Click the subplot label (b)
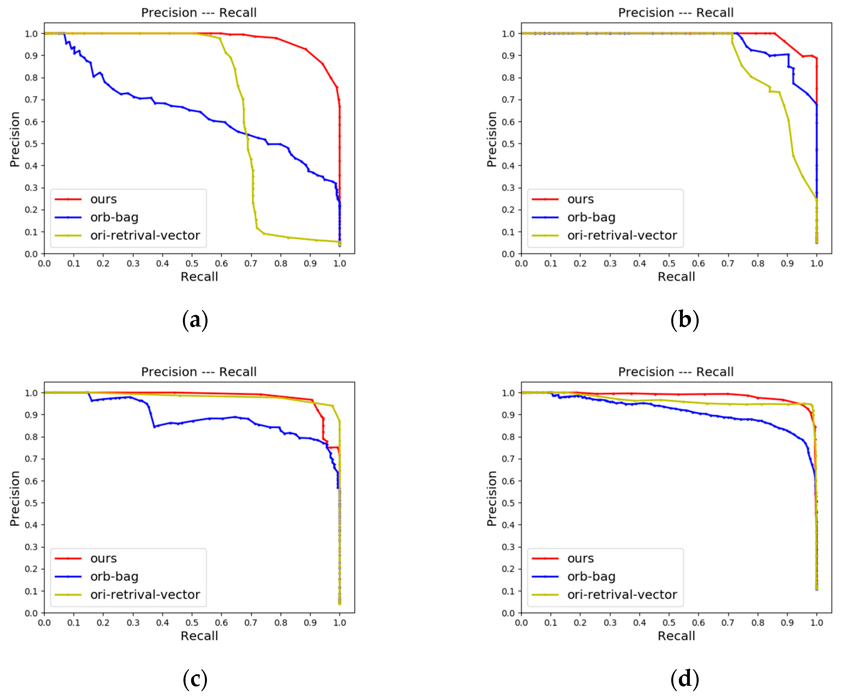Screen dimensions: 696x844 (x=685, y=320)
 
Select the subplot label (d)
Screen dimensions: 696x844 (x=685, y=679)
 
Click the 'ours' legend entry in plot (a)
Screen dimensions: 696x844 (x=103, y=199)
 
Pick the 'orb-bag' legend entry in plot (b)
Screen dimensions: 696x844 (x=591, y=217)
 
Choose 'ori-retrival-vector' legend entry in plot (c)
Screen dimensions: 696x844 (x=145, y=595)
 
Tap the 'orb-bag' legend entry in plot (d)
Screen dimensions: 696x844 (x=591, y=577)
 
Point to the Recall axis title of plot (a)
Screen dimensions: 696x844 (x=199, y=277)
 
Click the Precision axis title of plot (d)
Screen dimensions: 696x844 (x=491, y=498)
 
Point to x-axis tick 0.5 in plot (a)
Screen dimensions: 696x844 (x=192, y=263)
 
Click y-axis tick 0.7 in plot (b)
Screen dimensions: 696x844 (x=508, y=99)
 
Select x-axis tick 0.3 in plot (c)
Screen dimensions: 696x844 (x=133, y=623)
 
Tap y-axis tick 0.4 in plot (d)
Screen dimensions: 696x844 (x=508, y=525)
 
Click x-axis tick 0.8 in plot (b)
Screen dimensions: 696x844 (x=757, y=263)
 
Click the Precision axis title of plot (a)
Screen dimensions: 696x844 (x=14, y=139)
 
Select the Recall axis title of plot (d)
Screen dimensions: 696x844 (x=676, y=636)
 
